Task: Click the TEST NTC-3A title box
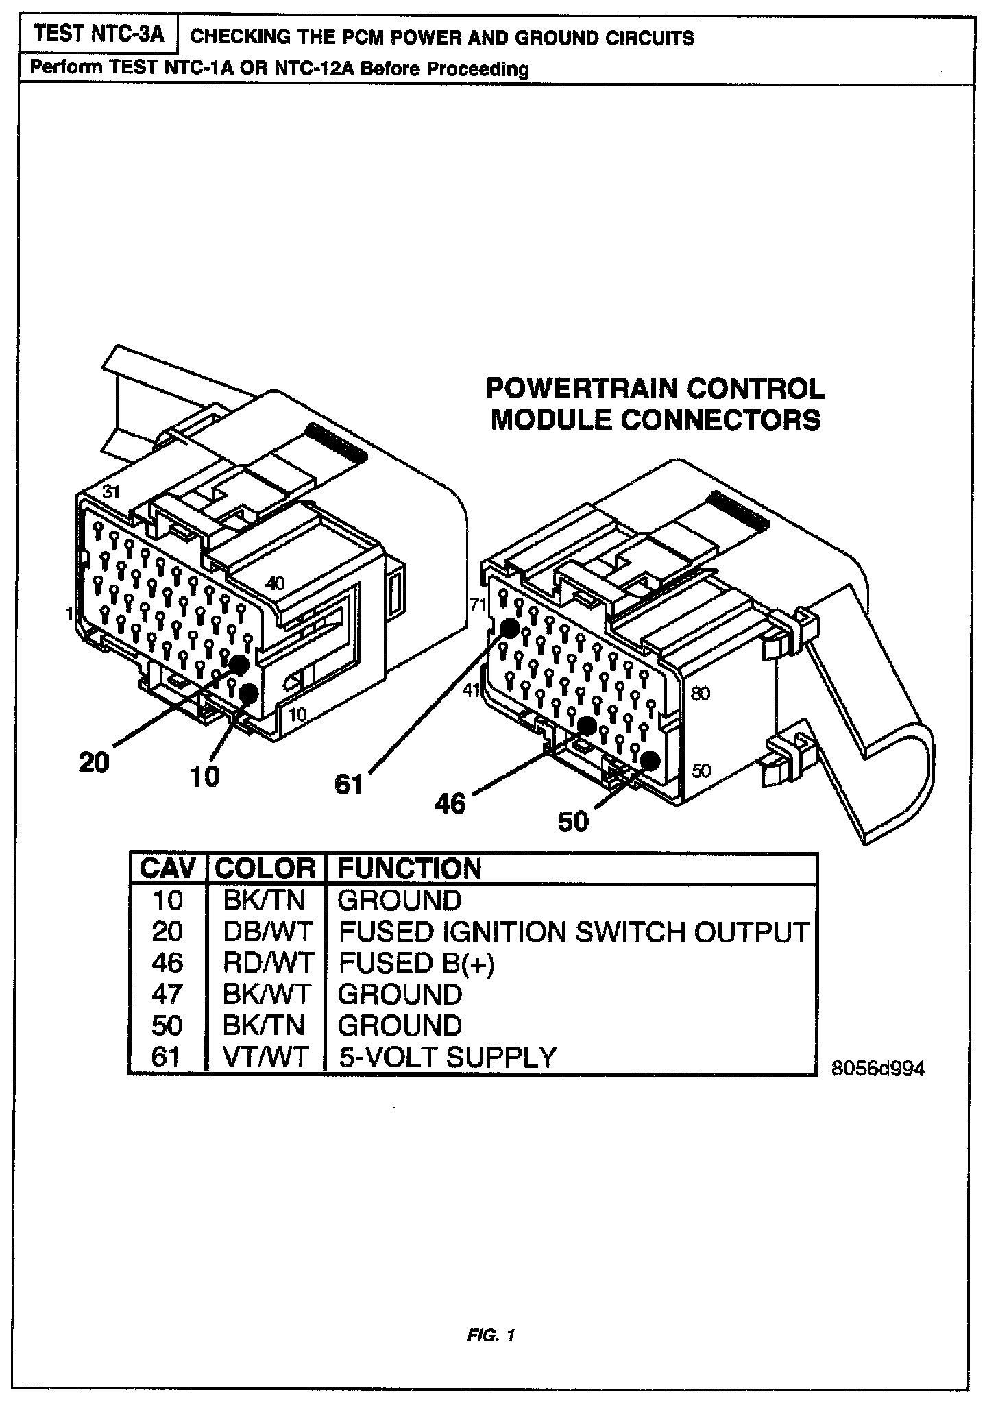pos(99,34)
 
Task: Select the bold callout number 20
pos(94,762)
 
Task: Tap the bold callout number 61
pos(348,783)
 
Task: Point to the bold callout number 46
pos(450,803)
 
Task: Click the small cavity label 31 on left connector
pos(110,491)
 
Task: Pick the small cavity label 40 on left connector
pos(275,583)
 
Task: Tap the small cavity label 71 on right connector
pos(476,604)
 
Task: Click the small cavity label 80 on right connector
pos(701,693)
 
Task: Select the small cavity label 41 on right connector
pos(471,690)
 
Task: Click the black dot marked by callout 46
pos(587,726)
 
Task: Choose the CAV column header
pos(167,868)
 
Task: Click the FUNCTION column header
pos(409,868)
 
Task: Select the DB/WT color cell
pos(267,931)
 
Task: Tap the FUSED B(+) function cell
pos(416,963)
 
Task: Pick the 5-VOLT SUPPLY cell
pos(447,1057)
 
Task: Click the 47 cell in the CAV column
pos(167,995)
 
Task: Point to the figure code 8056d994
pos(878,1069)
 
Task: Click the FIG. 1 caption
pos(491,1335)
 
